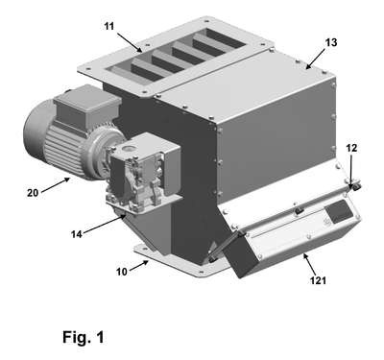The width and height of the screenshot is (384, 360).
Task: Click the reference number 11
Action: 109,26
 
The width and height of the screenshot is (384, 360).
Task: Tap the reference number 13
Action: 331,42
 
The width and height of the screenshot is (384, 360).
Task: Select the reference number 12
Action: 351,148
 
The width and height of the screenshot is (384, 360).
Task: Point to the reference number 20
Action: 33,193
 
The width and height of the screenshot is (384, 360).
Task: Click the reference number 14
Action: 77,234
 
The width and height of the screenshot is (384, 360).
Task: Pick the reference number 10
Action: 122,272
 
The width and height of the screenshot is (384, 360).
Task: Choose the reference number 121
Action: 318,280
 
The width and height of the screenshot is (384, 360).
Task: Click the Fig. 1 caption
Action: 84,337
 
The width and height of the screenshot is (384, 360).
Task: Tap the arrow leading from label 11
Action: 130,42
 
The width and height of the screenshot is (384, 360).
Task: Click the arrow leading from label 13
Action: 316,59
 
